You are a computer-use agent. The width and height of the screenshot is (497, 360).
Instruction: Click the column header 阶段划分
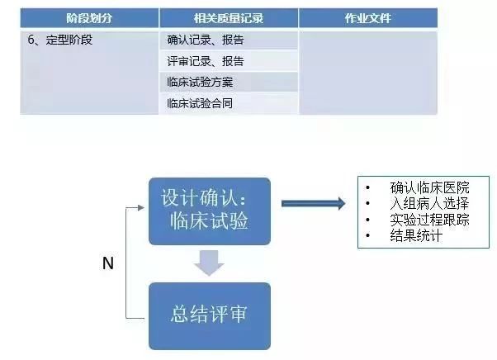click(89, 18)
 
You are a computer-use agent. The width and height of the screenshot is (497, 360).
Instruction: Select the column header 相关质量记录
click(229, 18)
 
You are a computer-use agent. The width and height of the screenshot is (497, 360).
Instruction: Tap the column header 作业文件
click(368, 18)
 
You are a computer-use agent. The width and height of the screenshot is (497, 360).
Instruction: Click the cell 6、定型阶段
click(89, 73)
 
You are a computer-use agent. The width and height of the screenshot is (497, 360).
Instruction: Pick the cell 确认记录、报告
click(229, 40)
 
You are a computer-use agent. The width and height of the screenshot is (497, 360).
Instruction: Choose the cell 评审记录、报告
click(229, 61)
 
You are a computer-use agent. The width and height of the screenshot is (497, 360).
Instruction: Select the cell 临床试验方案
click(229, 82)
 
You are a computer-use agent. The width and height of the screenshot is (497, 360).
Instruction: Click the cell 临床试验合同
click(229, 103)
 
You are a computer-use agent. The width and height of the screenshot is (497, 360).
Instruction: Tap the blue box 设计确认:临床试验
click(210, 211)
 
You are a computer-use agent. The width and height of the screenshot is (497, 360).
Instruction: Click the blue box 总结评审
click(210, 316)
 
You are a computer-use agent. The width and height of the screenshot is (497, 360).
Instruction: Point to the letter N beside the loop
click(108, 263)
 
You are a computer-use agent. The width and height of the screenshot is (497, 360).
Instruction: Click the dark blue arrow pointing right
click(313, 203)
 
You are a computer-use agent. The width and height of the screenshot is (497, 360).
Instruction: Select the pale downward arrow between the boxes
click(209, 263)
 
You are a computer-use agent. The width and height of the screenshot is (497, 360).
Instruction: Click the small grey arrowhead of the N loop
click(141, 207)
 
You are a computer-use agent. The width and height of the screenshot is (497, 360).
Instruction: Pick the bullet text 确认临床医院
click(429, 187)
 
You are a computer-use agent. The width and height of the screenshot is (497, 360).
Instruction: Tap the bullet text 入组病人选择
click(429, 203)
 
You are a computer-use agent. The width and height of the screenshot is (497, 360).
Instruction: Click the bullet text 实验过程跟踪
click(429, 220)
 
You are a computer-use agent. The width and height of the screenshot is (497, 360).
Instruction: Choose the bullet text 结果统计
click(416, 235)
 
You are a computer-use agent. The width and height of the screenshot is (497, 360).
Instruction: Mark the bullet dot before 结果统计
click(367, 235)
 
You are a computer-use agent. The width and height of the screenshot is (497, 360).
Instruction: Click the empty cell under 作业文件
click(368, 73)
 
